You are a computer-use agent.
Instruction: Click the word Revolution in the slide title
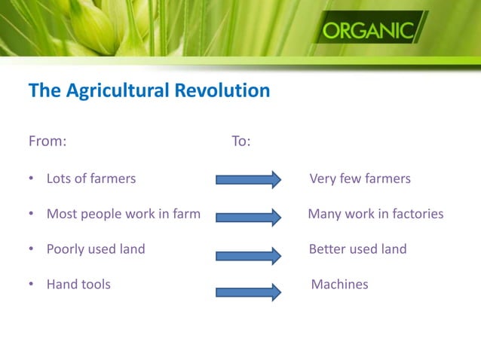click(x=222, y=91)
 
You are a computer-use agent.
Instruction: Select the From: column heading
click(x=47, y=141)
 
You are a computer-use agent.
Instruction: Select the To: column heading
click(x=240, y=141)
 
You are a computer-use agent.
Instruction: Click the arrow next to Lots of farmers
click(x=248, y=179)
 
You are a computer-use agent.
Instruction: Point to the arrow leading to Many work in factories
click(x=248, y=217)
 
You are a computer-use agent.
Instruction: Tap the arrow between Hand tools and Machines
click(x=248, y=291)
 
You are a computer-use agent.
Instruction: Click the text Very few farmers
click(x=360, y=178)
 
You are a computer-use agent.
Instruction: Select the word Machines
click(x=339, y=284)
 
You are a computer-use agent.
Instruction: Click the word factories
click(x=415, y=214)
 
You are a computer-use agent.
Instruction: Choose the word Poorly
click(x=67, y=249)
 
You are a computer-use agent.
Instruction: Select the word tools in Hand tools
click(x=95, y=284)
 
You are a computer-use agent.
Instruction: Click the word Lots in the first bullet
click(x=59, y=178)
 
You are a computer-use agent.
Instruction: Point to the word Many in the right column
click(x=325, y=214)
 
